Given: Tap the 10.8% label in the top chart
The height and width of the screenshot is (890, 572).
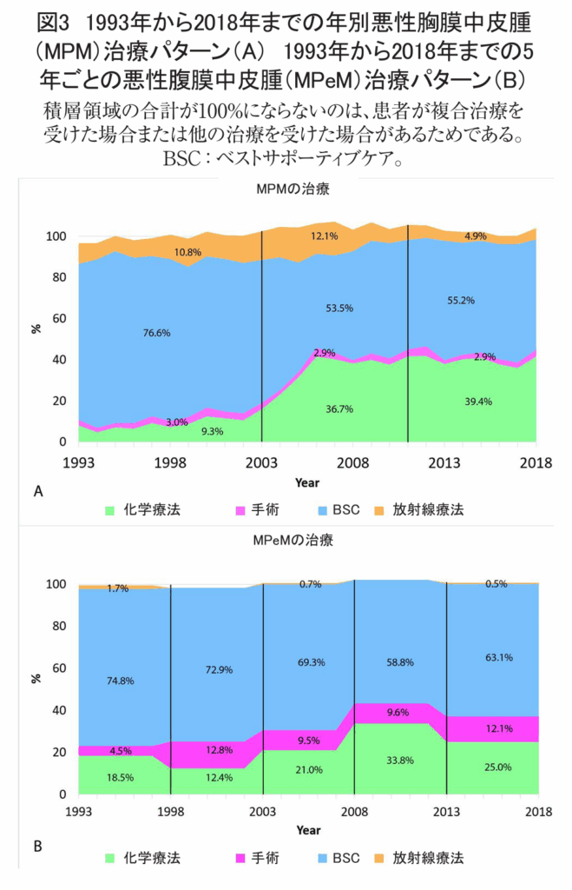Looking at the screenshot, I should (x=187, y=253).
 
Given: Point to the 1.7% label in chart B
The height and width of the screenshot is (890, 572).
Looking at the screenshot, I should (x=118, y=588).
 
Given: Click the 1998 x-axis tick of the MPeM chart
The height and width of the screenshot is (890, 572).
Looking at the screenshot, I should (x=171, y=811).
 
